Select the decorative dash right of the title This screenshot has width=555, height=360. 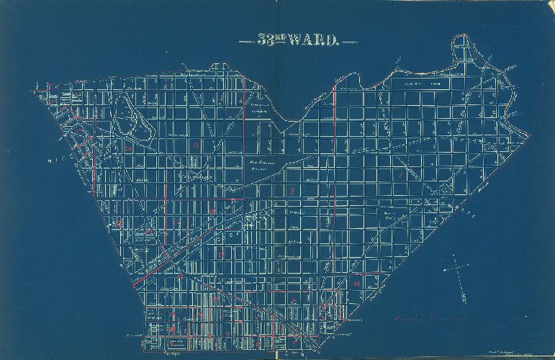click(x=348, y=42)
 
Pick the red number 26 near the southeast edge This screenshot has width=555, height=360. click(x=357, y=284)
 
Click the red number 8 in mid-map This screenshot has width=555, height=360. click(x=292, y=192)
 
